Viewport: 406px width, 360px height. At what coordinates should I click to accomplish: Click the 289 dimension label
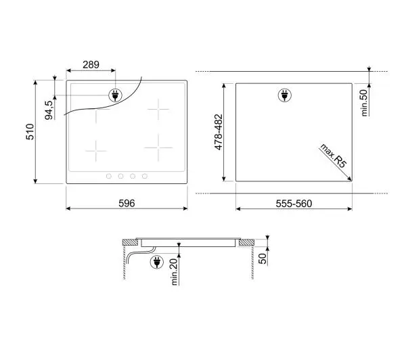[x=91, y=64]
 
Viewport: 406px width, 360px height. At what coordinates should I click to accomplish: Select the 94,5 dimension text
[x=49, y=110]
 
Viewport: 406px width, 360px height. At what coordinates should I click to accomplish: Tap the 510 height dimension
[x=30, y=132]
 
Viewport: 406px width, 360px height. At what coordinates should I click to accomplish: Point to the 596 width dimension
[x=127, y=203]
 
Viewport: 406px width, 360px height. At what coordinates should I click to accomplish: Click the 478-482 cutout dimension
[x=219, y=132]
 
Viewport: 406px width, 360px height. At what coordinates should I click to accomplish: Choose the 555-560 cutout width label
[x=294, y=204]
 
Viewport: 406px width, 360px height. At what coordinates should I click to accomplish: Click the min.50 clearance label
[x=364, y=103]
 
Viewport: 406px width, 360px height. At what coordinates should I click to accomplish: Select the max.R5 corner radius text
[x=333, y=156]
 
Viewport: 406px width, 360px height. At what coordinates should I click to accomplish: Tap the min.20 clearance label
[x=175, y=272]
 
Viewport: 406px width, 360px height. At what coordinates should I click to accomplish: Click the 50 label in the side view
[x=263, y=258]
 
